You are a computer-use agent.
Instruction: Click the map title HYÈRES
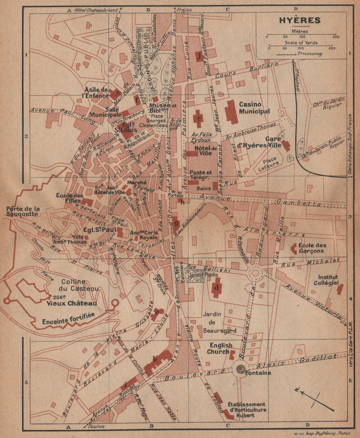(300, 20)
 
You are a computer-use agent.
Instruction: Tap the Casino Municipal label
(254, 108)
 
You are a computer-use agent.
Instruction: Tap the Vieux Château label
(72, 304)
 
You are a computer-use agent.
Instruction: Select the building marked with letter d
(216, 288)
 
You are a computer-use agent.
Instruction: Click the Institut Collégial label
(328, 280)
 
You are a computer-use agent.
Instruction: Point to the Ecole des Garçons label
(312, 248)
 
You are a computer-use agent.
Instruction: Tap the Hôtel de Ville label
(206, 151)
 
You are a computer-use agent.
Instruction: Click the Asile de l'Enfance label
(96, 92)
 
